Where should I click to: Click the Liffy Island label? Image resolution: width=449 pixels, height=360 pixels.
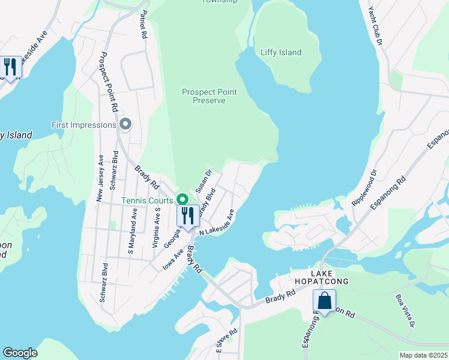pos(281,52)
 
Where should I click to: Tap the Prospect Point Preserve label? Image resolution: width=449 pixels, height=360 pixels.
pos(209,96)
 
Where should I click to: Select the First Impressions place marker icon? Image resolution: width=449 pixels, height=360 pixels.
pos(125,125)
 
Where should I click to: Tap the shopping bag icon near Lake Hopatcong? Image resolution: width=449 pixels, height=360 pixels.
pos(324,301)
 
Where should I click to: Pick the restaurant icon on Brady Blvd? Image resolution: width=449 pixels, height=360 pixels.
pos(188,215)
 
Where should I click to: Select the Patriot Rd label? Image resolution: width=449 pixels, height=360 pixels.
pos(143,24)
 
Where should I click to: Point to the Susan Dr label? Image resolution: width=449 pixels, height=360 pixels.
pos(204,181)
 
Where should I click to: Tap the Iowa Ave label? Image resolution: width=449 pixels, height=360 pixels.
pos(172,260)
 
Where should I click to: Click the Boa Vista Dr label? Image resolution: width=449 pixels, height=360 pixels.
pos(405,310)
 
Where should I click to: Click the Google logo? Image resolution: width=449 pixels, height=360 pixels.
pos(20,353)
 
